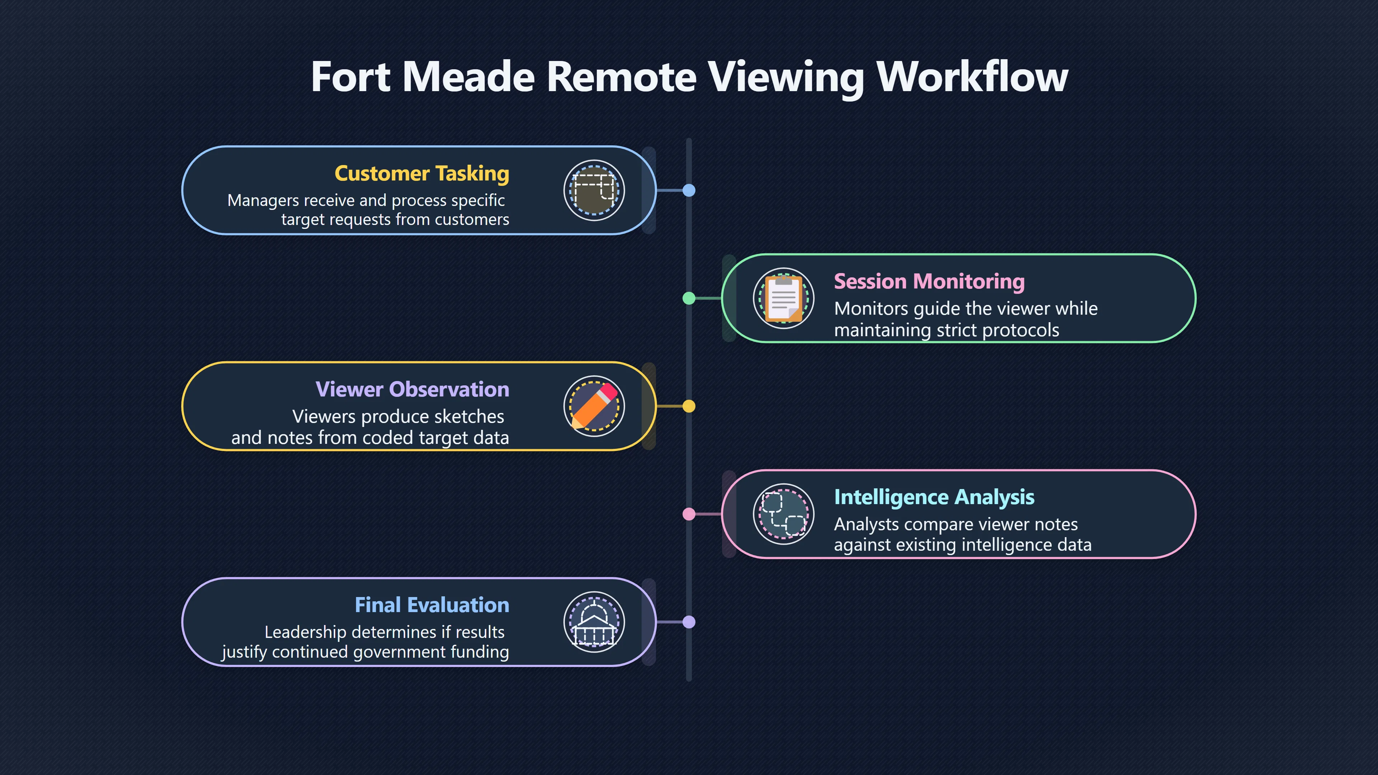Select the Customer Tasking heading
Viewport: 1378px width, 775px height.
(422, 174)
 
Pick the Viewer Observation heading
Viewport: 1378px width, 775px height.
(412, 389)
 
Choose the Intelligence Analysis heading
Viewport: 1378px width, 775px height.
(934, 497)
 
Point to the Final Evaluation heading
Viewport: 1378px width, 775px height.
(432, 605)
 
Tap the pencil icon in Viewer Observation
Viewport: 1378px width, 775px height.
(594, 406)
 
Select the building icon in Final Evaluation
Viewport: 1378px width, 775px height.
(594, 623)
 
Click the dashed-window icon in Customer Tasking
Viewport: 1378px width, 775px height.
(594, 190)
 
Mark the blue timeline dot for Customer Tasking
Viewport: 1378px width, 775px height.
(689, 191)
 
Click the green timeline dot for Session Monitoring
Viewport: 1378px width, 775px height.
(689, 299)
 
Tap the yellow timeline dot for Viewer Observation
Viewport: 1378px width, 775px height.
(689, 407)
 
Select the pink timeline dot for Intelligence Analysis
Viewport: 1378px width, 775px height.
(689, 514)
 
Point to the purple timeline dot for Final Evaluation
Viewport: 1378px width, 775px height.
(689, 622)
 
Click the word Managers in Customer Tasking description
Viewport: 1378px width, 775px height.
(263, 201)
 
